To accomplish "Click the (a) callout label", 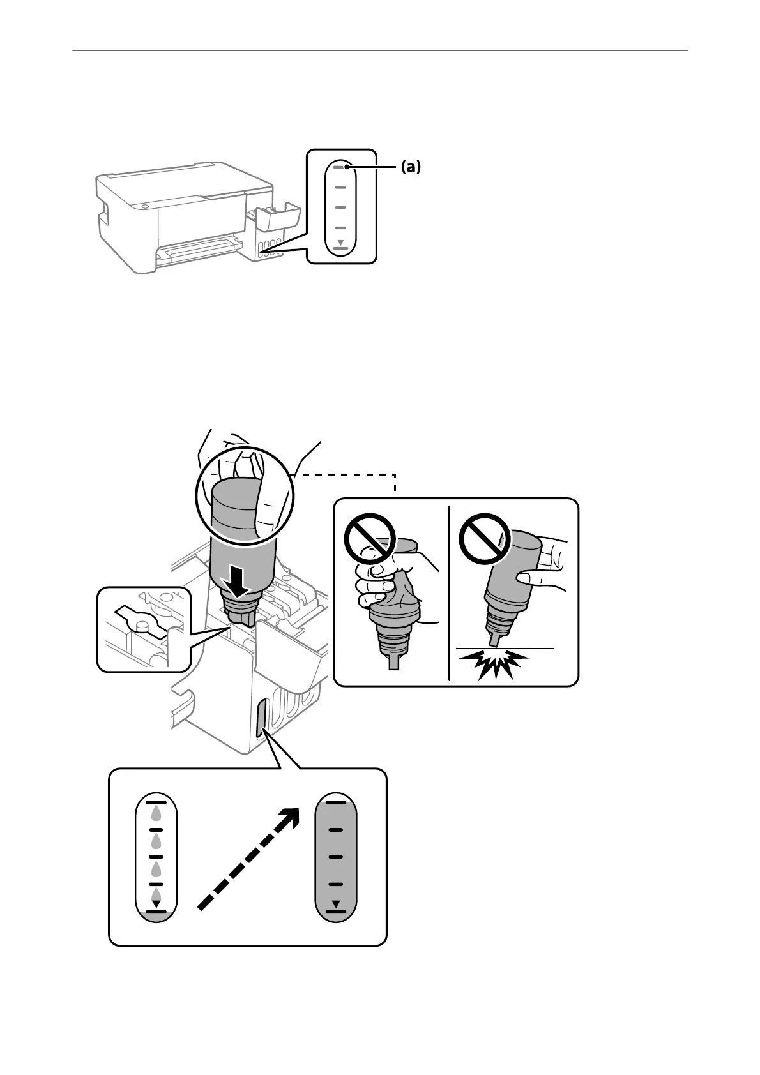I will (x=411, y=167).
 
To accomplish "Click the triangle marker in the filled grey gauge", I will (x=336, y=903).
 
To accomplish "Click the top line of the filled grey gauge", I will (x=336, y=802).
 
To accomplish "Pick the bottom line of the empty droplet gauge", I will (x=156, y=913).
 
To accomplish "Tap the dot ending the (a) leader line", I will (x=346, y=167).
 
